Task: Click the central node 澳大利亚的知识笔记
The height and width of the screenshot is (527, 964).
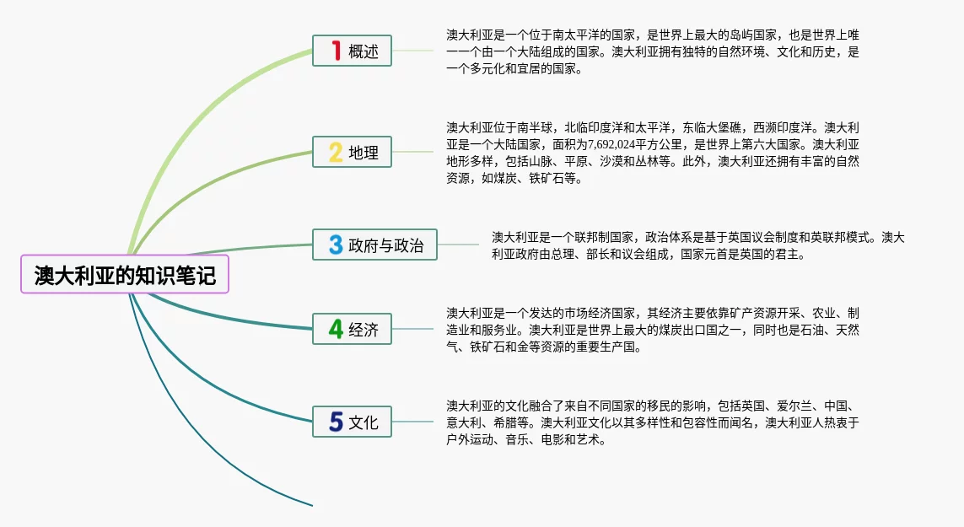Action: pyautogui.click(x=125, y=275)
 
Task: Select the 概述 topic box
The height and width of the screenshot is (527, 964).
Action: pyautogui.click(x=352, y=51)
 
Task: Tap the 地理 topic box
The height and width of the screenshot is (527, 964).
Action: pyautogui.click(x=352, y=153)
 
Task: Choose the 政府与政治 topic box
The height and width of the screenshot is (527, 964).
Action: pyautogui.click(x=374, y=245)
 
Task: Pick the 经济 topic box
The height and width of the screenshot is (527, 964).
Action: pyautogui.click(x=352, y=329)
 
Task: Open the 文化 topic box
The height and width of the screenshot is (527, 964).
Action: pyautogui.click(x=352, y=422)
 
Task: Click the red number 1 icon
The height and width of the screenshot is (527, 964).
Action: pyautogui.click(x=336, y=51)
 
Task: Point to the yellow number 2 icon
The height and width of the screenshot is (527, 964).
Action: pyautogui.click(x=336, y=153)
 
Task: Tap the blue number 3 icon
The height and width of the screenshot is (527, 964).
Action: pyautogui.click(x=336, y=245)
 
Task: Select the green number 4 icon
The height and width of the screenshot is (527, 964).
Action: pyautogui.click(x=336, y=329)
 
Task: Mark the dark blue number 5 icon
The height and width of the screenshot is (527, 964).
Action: pyautogui.click(x=336, y=422)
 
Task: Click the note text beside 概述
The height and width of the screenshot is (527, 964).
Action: pyautogui.click(x=653, y=51)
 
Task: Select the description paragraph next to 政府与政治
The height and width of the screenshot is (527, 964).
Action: pyautogui.click(x=698, y=245)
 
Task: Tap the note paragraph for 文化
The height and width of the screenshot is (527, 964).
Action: pyautogui.click(x=653, y=422)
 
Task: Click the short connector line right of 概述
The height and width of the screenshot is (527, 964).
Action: pyautogui.click(x=413, y=51)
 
